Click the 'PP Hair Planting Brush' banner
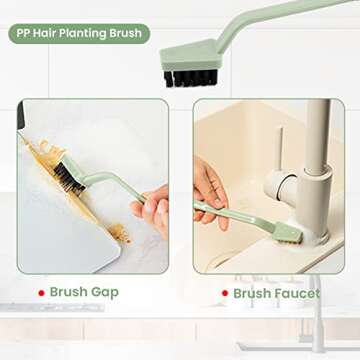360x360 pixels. point(79,33)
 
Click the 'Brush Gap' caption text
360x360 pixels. point(84,292)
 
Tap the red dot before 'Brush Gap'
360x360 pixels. point(40,292)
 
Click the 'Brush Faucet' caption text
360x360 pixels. point(277,293)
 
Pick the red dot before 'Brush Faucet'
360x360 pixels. point(224,293)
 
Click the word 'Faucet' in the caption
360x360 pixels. point(298,293)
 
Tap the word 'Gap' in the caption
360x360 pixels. point(105,292)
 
